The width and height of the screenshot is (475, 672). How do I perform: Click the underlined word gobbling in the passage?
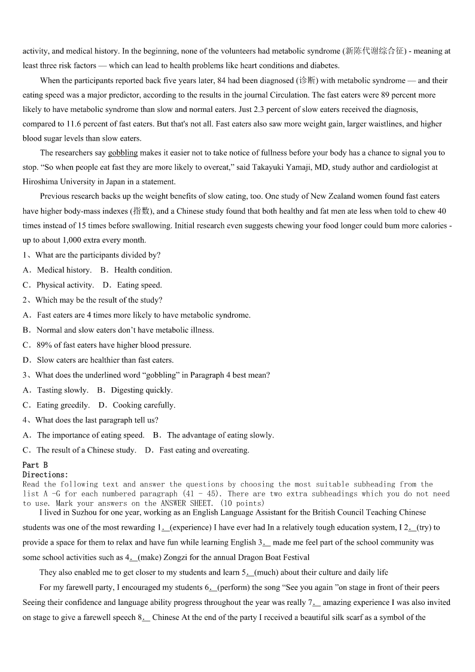coord(123,153)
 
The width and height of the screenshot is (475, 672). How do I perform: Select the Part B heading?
coord(35,465)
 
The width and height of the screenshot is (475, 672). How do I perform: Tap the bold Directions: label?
coord(45,475)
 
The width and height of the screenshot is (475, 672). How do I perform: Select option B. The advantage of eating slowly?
coord(214,435)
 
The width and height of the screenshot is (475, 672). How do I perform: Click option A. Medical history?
coord(57,270)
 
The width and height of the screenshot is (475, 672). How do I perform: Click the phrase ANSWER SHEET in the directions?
coord(187,503)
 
